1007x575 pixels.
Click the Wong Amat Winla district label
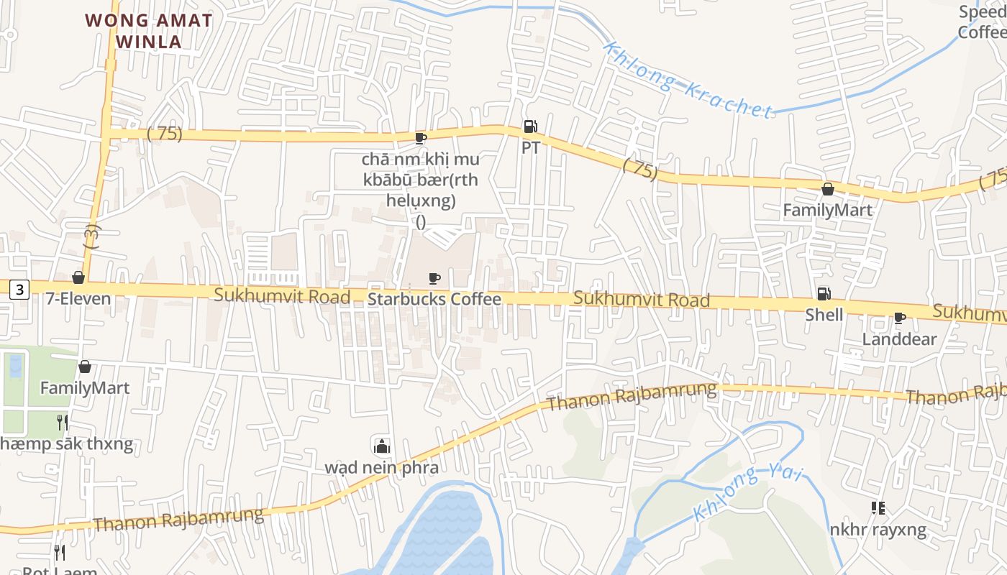click(x=149, y=31)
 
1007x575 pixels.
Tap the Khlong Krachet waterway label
click(x=688, y=80)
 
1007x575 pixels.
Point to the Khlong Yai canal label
click(x=748, y=493)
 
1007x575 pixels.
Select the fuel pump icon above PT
click(x=531, y=127)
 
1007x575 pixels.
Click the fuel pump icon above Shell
click(x=824, y=294)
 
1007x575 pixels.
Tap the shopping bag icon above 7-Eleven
click(x=78, y=277)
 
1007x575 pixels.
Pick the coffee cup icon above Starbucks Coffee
click(x=434, y=278)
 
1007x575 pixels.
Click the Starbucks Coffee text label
click(x=434, y=299)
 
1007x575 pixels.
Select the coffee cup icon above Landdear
click(x=899, y=318)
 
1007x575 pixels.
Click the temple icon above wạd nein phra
click(x=381, y=446)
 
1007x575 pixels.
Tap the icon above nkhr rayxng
click(x=878, y=509)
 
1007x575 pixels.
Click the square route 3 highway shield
click(x=19, y=290)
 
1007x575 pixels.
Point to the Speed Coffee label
click(x=983, y=22)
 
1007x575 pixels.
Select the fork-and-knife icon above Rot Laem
click(x=60, y=553)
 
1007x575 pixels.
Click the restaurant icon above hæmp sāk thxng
click(x=63, y=422)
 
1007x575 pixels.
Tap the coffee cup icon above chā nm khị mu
click(x=421, y=137)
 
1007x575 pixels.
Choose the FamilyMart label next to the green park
click(x=85, y=388)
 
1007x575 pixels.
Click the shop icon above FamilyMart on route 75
click(x=827, y=189)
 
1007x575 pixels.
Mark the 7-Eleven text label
click(x=78, y=298)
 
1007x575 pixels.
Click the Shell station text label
click(x=824, y=315)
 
